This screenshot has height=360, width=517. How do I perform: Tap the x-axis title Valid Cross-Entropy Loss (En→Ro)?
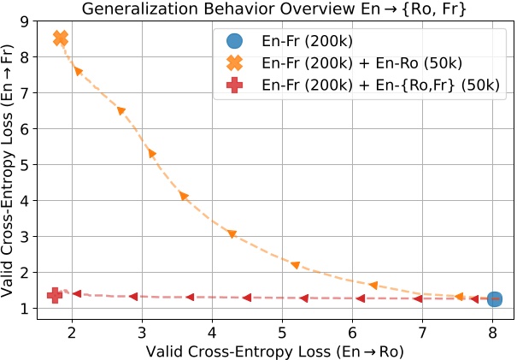point(274,351)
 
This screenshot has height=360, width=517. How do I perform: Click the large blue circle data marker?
point(494,298)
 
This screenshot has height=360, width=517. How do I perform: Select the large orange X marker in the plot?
point(61,38)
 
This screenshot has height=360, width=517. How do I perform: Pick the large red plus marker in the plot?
point(55,295)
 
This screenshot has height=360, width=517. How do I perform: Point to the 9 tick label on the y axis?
point(27,21)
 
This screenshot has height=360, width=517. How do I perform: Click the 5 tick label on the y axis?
point(27,164)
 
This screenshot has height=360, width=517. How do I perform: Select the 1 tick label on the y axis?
point(27,309)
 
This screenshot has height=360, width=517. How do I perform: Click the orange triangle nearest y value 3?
point(232,234)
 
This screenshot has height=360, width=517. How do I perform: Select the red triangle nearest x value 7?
point(418,298)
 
